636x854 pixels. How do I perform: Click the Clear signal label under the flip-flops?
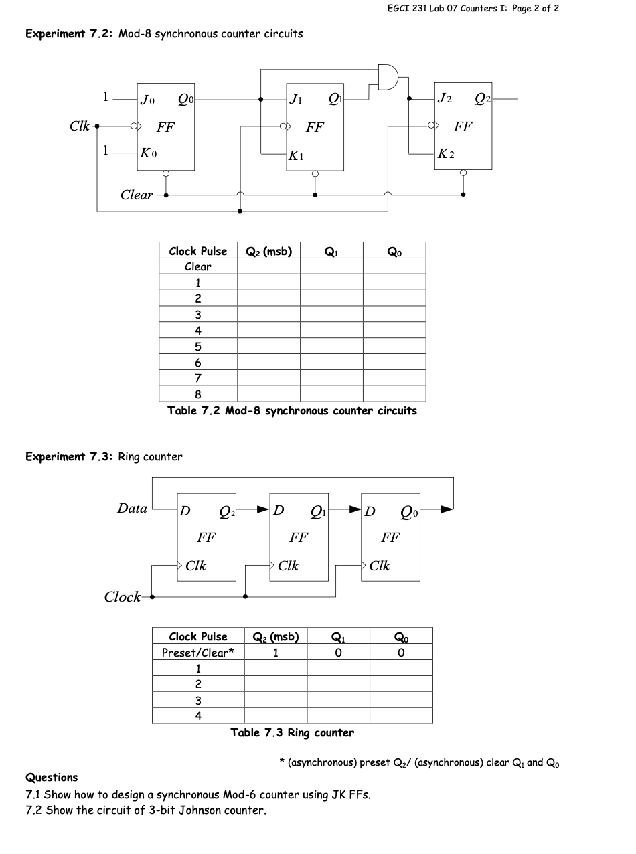(x=137, y=195)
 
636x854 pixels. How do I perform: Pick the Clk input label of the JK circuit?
(x=80, y=125)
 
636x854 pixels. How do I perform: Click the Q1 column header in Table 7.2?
(x=331, y=252)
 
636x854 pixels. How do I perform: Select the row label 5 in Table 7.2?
(x=198, y=347)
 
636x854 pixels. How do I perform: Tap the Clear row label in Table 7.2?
(x=198, y=266)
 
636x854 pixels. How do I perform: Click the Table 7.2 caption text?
(x=292, y=411)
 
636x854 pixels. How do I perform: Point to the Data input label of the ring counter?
(x=132, y=508)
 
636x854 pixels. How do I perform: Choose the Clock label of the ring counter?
(x=123, y=597)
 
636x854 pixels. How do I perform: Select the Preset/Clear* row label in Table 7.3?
(x=198, y=653)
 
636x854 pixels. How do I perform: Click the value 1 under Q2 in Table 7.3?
(x=275, y=653)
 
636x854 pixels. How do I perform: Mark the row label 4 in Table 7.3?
(x=198, y=716)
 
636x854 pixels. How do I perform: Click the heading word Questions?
(x=52, y=778)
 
